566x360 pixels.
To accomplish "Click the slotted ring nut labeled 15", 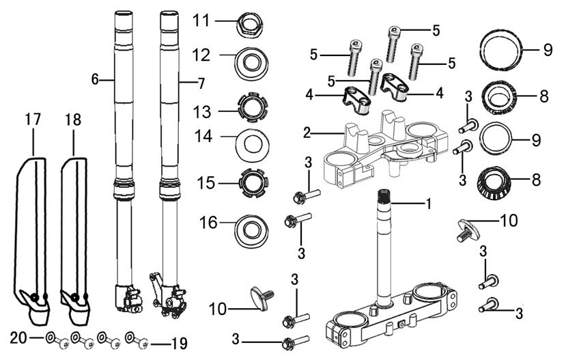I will (251, 183).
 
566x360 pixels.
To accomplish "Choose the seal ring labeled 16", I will (250, 228).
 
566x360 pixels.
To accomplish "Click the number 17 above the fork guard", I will (33, 120).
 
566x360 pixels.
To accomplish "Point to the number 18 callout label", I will (72, 120).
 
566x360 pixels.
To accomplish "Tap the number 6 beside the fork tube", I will (96, 79).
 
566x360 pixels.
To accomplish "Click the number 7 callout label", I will (201, 83).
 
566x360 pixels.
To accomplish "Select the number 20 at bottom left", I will (20, 337).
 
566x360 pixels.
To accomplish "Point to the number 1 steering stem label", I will (429, 204).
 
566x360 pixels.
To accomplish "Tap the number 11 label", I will (200, 20).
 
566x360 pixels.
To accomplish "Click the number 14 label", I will (203, 137).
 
